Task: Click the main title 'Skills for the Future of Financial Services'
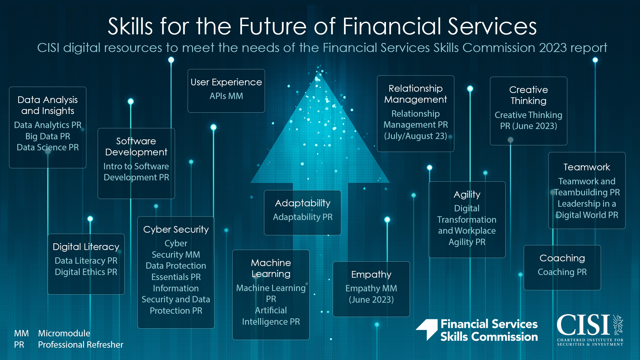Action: (x=322, y=26)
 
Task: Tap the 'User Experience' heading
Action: (x=226, y=82)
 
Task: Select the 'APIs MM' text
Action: (x=226, y=96)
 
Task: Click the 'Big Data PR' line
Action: (x=48, y=136)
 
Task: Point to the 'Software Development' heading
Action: (x=136, y=146)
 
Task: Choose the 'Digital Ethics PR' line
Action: (x=86, y=272)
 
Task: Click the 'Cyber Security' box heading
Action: (x=176, y=229)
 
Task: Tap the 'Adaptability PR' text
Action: (x=303, y=217)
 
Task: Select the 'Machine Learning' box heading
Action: (x=271, y=268)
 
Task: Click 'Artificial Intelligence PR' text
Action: (x=271, y=316)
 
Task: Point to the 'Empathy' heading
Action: (x=371, y=274)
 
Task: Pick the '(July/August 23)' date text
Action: (x=416, y=136)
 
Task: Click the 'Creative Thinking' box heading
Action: (x=529, y=95)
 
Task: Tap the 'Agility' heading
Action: (x=467, y=195)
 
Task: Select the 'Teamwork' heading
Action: (x=587, y=167)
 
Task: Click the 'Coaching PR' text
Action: (x=562, y=272)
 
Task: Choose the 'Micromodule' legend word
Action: (x=64, y=333)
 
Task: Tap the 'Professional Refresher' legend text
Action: (x=81, y=345)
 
